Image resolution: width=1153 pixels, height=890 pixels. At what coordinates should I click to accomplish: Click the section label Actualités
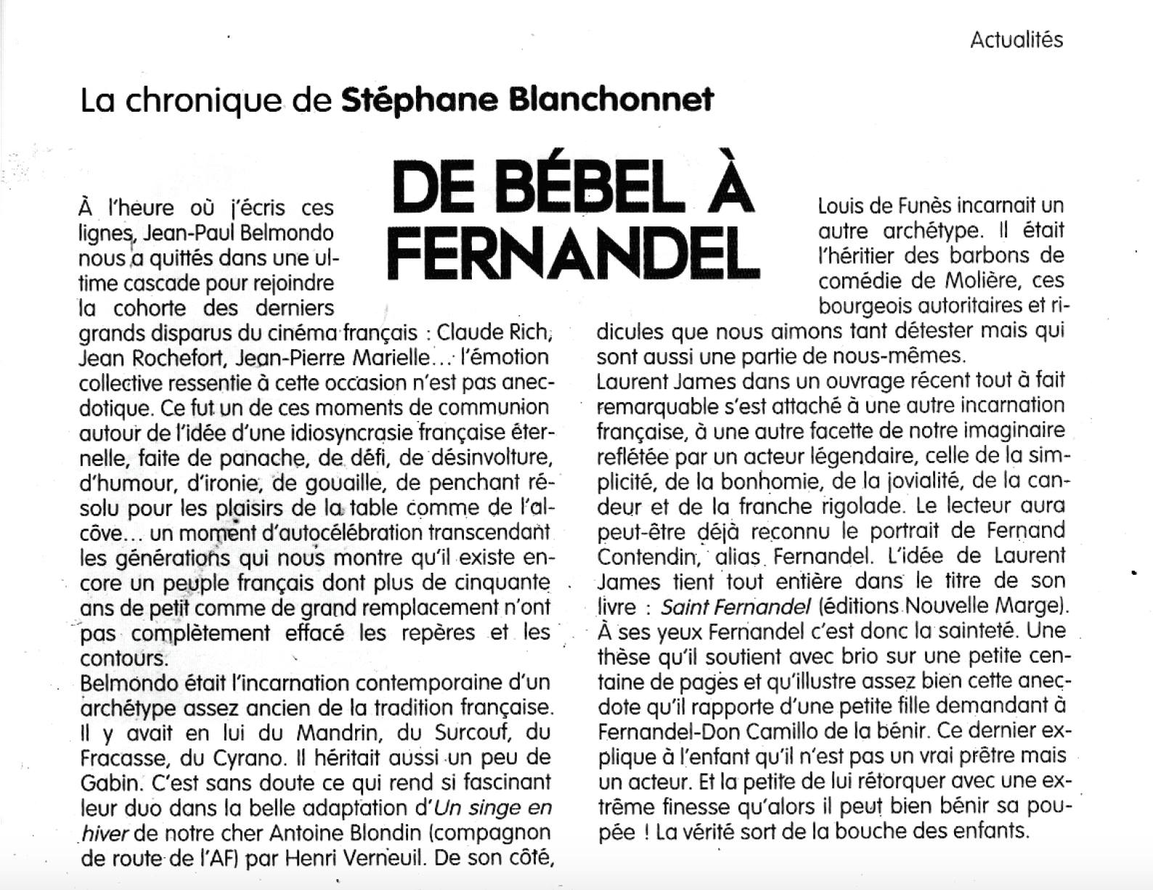tap(1016, 39)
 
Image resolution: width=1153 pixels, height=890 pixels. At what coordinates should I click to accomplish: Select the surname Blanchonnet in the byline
tap(611, 99)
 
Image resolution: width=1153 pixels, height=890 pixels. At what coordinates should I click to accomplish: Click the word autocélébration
tap(335, 534)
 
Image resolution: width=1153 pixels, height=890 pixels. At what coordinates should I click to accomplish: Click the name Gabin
tap(110, 783)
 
